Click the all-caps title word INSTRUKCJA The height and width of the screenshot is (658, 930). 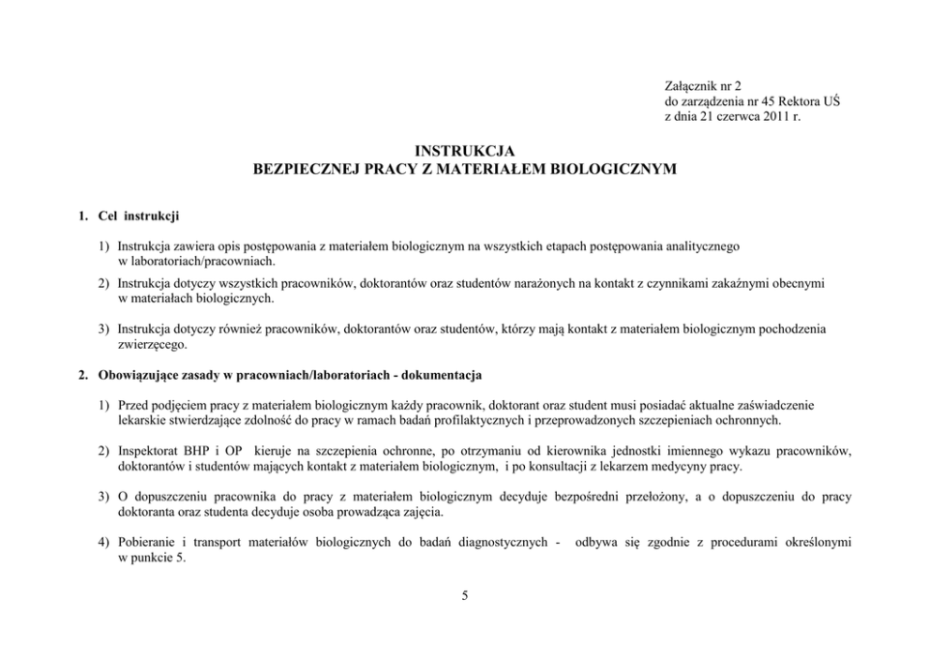(x=465, y=152)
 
